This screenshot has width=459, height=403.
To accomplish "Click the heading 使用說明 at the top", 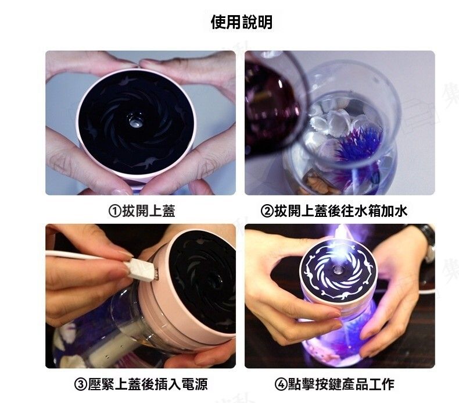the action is (242, 22).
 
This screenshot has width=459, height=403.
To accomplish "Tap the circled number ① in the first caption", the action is (115, 211).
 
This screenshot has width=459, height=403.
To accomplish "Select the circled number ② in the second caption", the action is (267, 211).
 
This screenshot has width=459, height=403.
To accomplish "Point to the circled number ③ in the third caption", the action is (81, 384).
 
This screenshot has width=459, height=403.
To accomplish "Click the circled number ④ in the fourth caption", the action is (281, 384).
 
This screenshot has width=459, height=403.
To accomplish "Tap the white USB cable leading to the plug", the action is (87, 256).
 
